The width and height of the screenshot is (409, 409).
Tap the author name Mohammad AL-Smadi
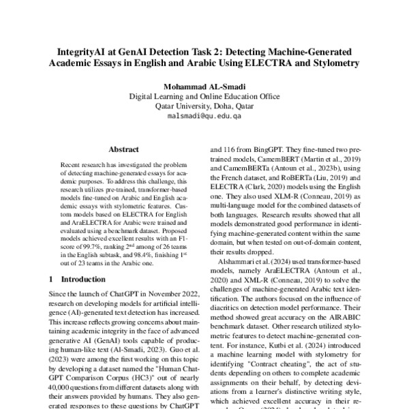(204, 87)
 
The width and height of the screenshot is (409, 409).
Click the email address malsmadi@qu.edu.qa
(204, 117)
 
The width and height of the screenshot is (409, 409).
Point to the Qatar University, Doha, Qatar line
(204, 106)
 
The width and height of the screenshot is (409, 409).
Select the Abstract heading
(123, 149)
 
